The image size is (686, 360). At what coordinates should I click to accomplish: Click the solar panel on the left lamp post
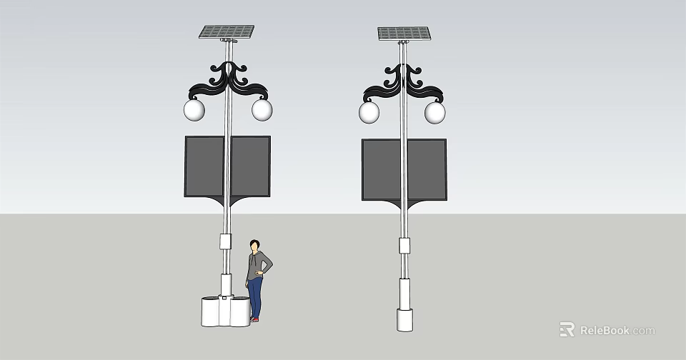pos(227,31)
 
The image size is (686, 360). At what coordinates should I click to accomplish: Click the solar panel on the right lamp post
pos(404,34)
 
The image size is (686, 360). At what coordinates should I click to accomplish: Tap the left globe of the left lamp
pos(194,110)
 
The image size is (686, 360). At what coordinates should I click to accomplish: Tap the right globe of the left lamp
pos(262,110)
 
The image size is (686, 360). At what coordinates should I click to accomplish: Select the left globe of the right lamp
pos(369,112)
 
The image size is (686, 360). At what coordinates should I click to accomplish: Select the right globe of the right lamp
pos(435,112)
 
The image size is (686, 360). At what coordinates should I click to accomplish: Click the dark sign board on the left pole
pos(204,166)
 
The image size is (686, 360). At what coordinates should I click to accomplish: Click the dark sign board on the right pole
pos(382,169)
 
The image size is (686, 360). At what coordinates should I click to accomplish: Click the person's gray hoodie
pos(257,266)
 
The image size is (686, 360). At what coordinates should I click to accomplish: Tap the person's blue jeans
pos(255,296)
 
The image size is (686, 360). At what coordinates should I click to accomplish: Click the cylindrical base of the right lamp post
pos(405,319)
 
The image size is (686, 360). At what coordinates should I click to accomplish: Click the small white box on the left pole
pos(226,241)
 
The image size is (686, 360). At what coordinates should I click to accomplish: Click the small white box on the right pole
pos(404,246)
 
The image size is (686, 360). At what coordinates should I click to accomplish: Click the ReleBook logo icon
pos(567,329)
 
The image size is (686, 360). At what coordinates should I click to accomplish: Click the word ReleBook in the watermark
pos(605,330)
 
